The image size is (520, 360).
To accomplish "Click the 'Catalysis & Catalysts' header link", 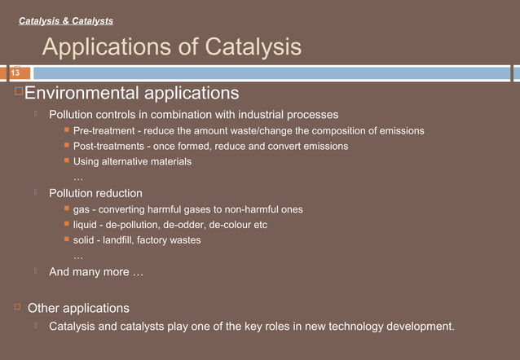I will pyautogui.click(x=66, y=20).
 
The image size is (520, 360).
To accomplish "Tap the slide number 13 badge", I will pyautogui.click(x=14, y=73).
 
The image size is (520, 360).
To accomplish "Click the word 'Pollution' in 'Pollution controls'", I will pyautogui.click(x=73, y=114).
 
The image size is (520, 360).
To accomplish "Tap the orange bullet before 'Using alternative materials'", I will pyautogui.click(x=67, y=161).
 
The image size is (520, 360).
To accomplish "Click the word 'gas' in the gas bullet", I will pyautogui.click(x=82, y=209).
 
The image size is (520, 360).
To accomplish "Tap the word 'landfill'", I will pyautogui.click(x=121, y=240).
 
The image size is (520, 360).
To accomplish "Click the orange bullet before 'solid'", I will pyautogui.click(x=67, y=239).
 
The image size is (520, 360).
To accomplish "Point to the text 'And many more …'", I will pyautogui.click(x=96, y=272).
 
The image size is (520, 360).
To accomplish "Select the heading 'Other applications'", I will pyautogui.click(x=78, y=309).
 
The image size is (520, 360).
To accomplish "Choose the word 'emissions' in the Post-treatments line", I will pyautogui.click(x=323, y=146).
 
